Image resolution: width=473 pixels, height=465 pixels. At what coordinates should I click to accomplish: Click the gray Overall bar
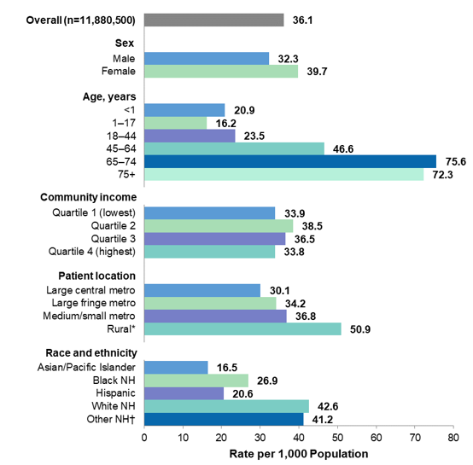[213, 20]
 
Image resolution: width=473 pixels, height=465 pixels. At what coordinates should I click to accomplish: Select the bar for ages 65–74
[290, 161]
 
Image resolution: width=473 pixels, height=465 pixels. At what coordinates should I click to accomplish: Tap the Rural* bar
[242, 328]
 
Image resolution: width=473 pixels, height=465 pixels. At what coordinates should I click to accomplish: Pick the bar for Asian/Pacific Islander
[176, 367]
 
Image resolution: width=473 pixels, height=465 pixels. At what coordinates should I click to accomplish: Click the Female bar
[221, 72]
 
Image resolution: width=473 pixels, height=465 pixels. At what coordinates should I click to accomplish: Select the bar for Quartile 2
[219, 226]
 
